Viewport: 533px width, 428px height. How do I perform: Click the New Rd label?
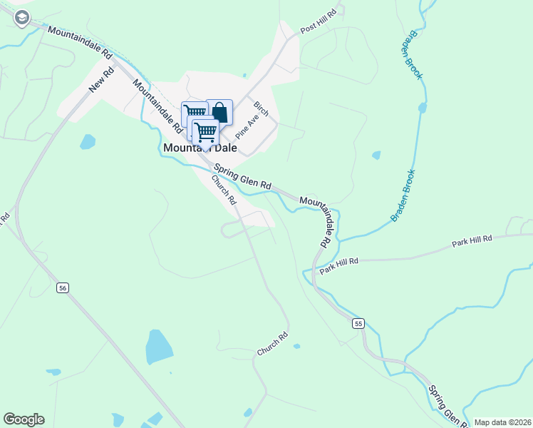(x=102, y=80)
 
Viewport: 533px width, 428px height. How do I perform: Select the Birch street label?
(x=261, y=108)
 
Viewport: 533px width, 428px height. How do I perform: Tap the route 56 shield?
(x=63, y=287)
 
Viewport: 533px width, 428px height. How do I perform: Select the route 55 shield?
(x=358, y=323)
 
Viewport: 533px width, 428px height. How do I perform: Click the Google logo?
(x=24, y=419)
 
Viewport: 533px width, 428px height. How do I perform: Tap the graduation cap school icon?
(x=21, y=17)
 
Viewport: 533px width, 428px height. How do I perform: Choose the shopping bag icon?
(x=219, y=112)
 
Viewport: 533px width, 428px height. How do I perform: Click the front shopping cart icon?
(x=206, y=131)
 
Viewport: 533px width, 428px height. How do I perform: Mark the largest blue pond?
(x=158, y=347)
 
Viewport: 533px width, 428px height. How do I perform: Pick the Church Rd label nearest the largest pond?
(x=272, y=343)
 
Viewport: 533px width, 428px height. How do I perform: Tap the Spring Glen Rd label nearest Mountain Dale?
(x=243, y=175)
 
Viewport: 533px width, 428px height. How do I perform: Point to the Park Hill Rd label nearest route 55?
(x=338, y=266)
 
